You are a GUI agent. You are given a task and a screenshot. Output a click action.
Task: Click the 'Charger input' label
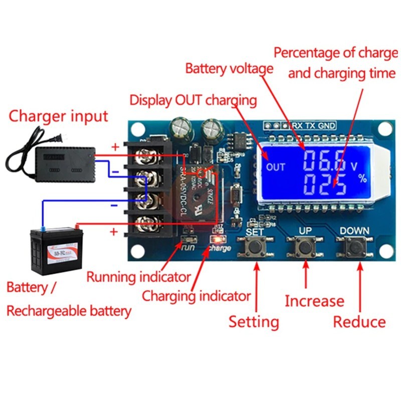59,117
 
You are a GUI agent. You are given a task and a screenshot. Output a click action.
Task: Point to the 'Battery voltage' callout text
229,68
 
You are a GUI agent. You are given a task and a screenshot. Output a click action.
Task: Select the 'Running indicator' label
138,277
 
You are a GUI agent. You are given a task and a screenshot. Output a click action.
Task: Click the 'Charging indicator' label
196,296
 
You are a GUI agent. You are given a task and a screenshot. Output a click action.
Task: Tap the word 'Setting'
254,321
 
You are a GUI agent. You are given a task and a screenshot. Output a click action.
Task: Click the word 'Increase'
314,301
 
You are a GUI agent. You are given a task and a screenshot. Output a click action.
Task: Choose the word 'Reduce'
359,321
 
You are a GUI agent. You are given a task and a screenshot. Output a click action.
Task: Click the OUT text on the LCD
276,167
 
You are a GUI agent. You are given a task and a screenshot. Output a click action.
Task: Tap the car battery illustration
55,251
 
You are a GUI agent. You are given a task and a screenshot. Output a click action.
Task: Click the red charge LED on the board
220,239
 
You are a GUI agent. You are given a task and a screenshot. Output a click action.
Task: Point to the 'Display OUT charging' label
193,99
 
